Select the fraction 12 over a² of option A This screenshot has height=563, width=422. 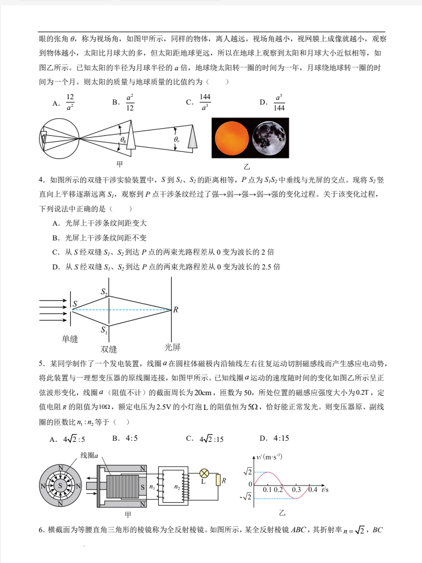70,102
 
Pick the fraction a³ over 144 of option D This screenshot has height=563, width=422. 279,102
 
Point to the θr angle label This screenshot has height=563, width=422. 176,139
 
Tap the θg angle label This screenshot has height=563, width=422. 123,140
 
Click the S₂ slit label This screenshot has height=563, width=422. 104,292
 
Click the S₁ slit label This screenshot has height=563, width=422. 104,330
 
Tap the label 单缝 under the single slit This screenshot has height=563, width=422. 70,339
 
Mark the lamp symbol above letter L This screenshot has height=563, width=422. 204,473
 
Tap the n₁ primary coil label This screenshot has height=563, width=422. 153,487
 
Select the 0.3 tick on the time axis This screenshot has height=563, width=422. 296,490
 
